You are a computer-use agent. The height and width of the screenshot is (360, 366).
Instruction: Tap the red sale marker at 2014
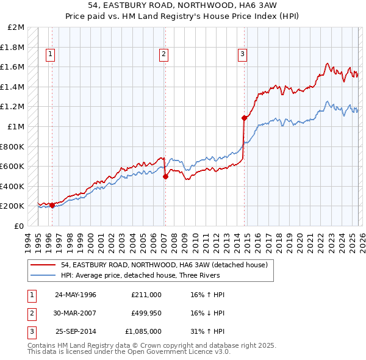click(x=244, y=118)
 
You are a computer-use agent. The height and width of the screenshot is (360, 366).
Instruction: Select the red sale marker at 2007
click(x=165, y=176)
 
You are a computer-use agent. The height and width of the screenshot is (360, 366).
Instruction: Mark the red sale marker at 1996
click(x=52, y=205)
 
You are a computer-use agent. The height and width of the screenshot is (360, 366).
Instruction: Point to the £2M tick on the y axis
click(x=17, y=27)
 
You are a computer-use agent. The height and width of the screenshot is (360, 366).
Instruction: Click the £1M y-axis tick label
click(x=17, y=127)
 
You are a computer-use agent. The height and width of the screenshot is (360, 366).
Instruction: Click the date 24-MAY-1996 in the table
click(x=76, y=295)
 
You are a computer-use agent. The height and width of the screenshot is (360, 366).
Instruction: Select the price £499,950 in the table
click(x=146, y=313)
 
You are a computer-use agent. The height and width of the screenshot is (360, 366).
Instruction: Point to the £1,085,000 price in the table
click(x=143, y=331)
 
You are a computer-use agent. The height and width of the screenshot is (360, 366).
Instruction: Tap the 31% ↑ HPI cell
click(x=209, y=331)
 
